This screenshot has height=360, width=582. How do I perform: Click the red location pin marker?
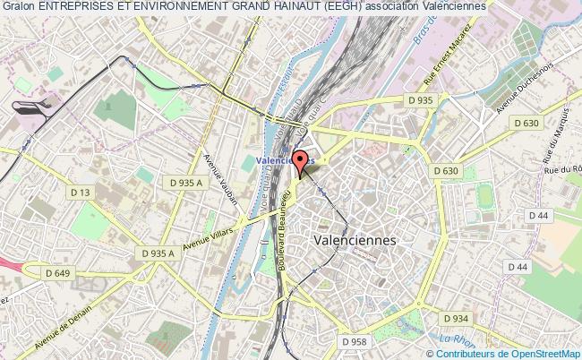tap(301, 163)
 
